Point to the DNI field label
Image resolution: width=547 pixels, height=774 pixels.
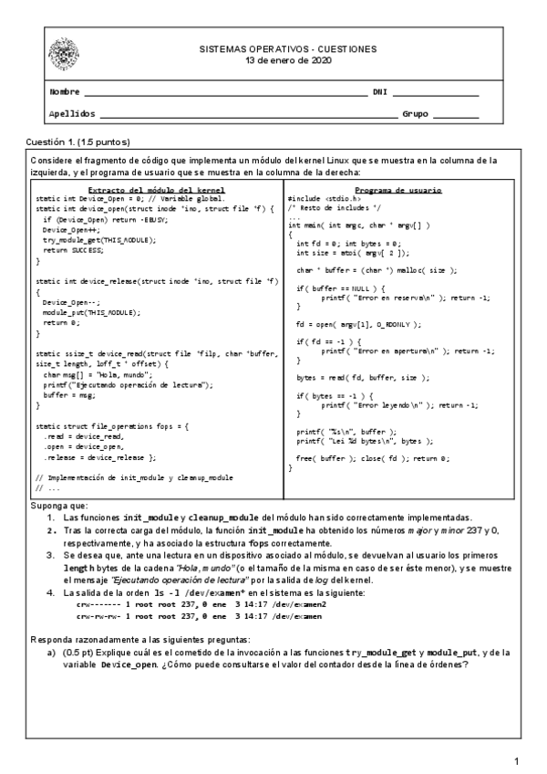click(381, 92)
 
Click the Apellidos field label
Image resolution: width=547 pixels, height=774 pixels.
click(71, 114)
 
